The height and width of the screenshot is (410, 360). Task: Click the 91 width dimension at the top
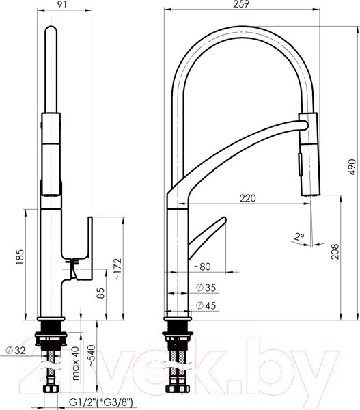[x=63, y=4]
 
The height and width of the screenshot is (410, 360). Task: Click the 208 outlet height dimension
[x=334, y=250]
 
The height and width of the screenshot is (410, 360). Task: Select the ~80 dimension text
[x=202, y=266]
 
